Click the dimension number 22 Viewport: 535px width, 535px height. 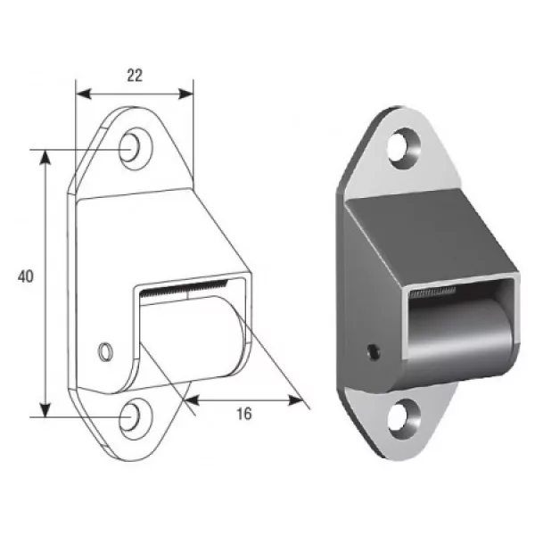[135, 76]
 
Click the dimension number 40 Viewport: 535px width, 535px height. [26, 276]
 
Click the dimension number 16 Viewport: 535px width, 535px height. [244, 414]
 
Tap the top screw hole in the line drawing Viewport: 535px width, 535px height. [136, 148]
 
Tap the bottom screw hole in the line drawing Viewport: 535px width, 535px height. [136, 419]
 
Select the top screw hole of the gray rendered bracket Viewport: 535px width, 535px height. [404, 148]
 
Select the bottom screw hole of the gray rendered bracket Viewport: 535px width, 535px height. [404, 419]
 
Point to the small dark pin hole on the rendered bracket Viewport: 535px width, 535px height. [374, 352]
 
